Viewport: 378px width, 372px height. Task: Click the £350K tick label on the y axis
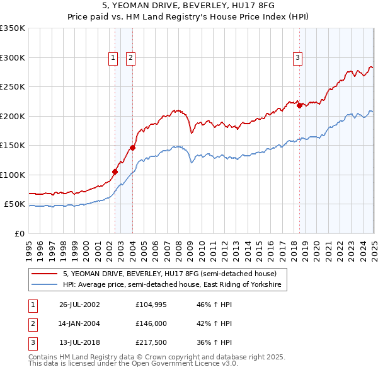pyautogui.click(x=13, y=28)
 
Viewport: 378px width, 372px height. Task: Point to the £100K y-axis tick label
pyautogui.click(x=13, y=175)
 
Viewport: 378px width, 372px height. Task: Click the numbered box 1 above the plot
pyautogui.click(x=113, y=58)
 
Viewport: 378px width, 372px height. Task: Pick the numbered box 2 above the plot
pyautogui.click(x=130, y=58)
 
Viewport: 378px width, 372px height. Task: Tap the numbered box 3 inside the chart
pyautogui.click(x=297, y=58)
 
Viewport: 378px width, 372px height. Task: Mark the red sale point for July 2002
pyautogui.click(x=115, y=171)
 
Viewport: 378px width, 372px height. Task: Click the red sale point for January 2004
pyautogui.click(x=132, y=148)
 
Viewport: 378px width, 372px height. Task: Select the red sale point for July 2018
pyautogui.click(x=299, y=106)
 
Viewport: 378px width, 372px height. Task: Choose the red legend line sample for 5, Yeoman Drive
pyautogui.click(x=45, y=274)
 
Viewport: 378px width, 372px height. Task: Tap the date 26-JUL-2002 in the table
pyautogui.click(x=79, y=304)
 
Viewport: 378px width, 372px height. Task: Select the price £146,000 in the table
pyautogui.click(x=151, y=323)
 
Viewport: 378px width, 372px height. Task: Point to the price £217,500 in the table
pyautogui.click(x=151, y=343)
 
